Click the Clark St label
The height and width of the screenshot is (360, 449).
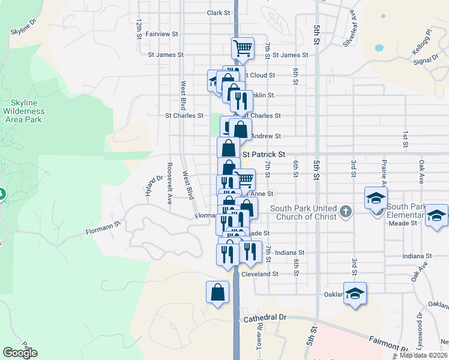[218, 13]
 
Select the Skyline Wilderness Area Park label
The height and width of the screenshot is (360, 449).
[23, 112]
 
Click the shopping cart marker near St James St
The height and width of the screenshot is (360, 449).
[243, 48]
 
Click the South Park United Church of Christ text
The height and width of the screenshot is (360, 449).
[304, 212]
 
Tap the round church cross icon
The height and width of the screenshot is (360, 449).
[345, 211]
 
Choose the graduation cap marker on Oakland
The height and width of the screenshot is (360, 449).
[355, 293]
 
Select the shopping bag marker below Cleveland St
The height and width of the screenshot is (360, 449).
[217, 293]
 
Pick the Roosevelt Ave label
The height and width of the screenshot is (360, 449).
[170, 184]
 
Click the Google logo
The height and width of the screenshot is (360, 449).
[20, 353]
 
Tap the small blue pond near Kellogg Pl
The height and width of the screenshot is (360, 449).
[378, 47]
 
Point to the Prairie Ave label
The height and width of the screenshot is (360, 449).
[383, 170]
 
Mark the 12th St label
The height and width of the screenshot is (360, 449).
[139, 28]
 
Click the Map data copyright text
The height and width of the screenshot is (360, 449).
[424, 355]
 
